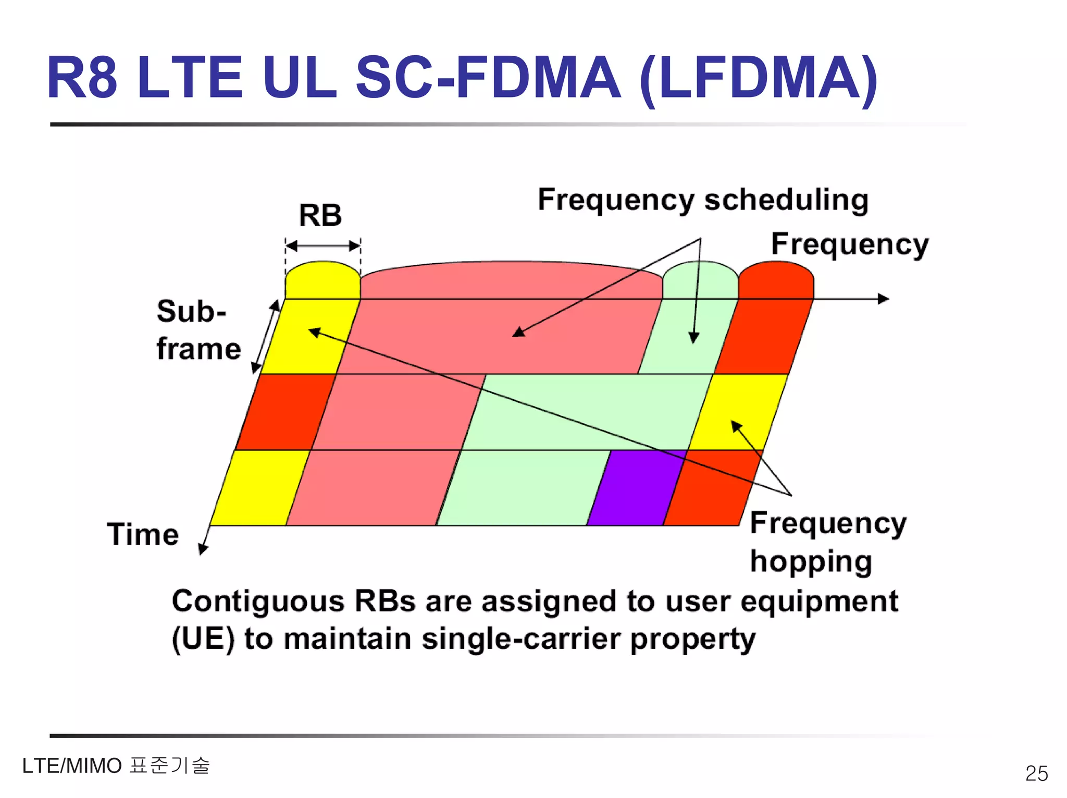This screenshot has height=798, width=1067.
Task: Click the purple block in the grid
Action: point(636,487)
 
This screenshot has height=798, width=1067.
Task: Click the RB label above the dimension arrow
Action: point(320,215)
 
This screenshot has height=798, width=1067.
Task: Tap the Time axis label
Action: point(143,534)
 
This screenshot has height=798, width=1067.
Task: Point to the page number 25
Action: point(1036,773)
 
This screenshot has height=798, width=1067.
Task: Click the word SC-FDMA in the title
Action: point(487,78)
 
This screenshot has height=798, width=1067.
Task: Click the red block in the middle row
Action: point(286,412)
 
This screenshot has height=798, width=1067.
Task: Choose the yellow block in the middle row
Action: point(738,412)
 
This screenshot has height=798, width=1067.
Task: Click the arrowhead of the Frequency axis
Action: point(884,299)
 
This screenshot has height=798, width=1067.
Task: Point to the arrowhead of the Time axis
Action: point(203,549)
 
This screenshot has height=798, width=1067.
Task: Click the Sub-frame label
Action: point(198,329)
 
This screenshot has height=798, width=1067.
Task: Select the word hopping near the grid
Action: point(811,561)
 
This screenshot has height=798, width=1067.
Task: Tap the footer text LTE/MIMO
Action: point(72,766)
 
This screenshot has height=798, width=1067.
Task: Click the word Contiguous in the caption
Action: point(258,601)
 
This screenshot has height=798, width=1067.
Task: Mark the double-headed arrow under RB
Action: point(323,245)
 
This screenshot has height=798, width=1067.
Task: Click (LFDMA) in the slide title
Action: point(759,78)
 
